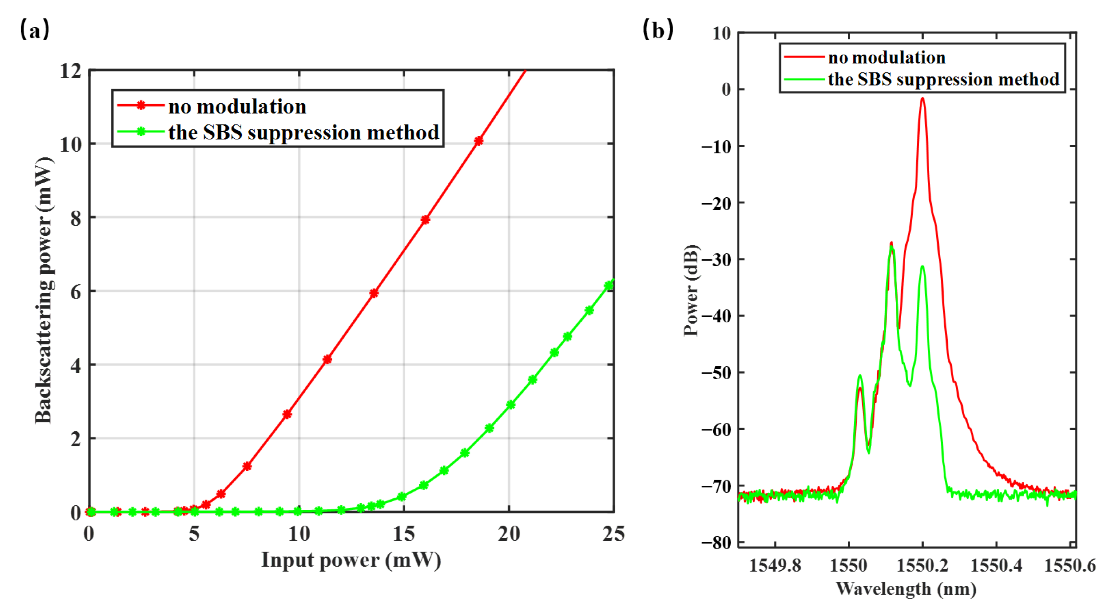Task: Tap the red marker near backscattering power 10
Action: pos(478,141)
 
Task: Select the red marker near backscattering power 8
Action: pos(425,220)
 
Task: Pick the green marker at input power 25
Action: pos(609,285)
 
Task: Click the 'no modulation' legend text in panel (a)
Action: pos(237,107)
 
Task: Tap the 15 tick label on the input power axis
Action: pos(403,534)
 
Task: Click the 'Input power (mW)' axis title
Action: pos(351,560)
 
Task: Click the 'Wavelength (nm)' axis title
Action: pos(906,589)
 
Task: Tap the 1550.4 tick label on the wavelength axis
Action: pos(996,565)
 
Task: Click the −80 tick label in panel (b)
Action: pos(716,543)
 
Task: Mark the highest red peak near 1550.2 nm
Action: pos(922,99)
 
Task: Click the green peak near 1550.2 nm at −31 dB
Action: pos(922,267)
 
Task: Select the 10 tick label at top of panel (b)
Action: pos(721,34)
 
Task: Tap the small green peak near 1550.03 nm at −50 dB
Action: pos(860,376)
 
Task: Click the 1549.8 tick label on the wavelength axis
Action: pos(775,565)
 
